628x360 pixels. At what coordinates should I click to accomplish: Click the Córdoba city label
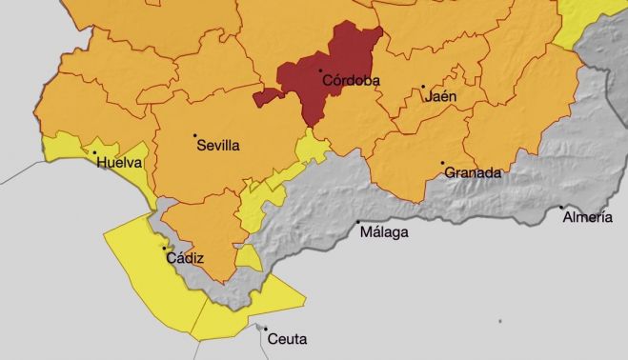pyautogui.click(x=351, y=81)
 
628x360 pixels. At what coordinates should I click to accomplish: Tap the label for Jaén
pyautogui.click(x=441, y=97)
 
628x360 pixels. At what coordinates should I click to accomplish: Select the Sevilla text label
pyautogui.click(x=218, y=147)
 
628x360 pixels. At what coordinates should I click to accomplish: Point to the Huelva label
pyautogui.click(x=119, y=163)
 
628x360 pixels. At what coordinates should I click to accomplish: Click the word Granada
pyautogui.click(x=473, y=173)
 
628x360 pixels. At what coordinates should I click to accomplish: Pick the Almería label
pyautogui.click(x=587, y=217)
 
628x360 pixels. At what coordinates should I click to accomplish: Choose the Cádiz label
pyautogui.click(x=185, y=258)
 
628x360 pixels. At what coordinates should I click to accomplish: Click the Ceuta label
pyautogui.click(x=287, y=338)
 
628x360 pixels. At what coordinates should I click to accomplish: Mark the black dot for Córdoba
pyautogui.click(x=321, y=71)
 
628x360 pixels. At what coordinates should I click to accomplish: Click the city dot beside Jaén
pyautogui.click(x=423, y=88)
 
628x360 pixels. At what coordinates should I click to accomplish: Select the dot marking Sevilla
pyautogui.click(x=195, y=135)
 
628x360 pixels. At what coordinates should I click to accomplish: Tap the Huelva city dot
pyautogui.click(x=94, y=152)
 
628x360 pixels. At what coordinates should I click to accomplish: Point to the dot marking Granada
pyautogui.click(x=443, y=164)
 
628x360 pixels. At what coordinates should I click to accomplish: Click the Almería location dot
pyautogui.click(x=561, y=207)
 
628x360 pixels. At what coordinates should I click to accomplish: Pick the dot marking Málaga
pyautogui.click(x=358, y=223)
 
